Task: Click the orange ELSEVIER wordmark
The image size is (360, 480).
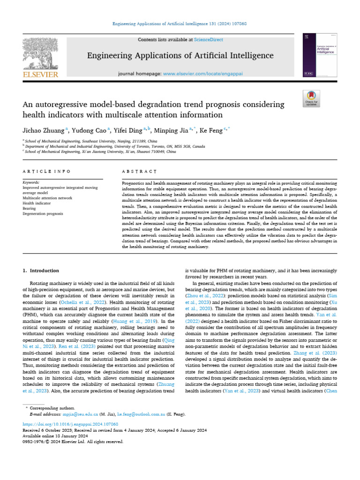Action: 41,75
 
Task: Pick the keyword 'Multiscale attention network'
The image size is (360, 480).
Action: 47,198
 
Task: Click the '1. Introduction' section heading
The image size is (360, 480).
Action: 41,270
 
